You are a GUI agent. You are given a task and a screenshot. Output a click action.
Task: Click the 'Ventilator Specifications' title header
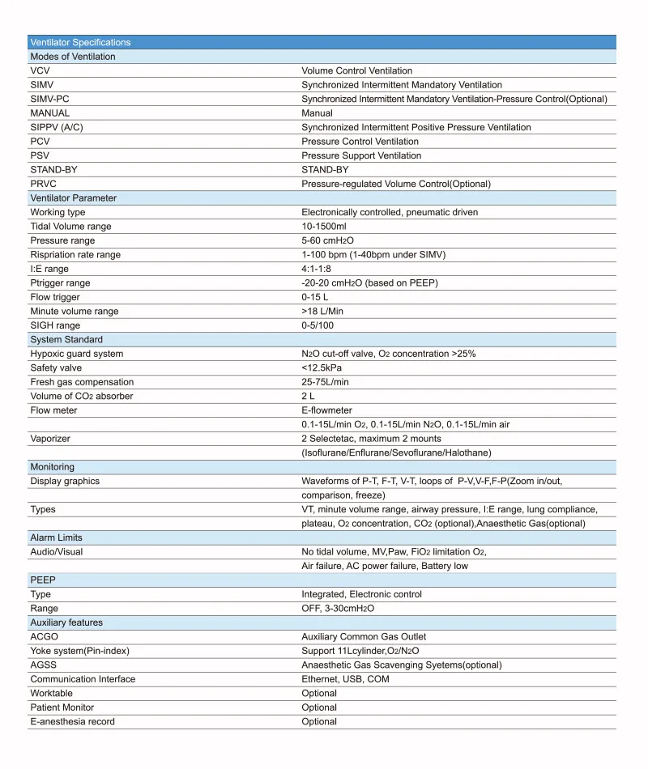tap(80, 42)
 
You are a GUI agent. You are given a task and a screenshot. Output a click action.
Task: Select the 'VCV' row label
tap(40, 70)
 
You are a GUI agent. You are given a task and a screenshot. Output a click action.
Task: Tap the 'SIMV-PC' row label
tap(49, 99)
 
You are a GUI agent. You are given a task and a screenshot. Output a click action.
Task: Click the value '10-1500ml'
tap(323, 227)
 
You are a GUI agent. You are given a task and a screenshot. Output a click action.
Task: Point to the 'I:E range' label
tap(49, 269)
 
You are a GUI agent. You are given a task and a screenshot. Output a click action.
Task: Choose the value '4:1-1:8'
tap(318, 269)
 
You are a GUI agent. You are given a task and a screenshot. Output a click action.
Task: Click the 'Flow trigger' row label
tap(55, 297)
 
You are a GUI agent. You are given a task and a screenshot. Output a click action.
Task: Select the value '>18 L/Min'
tap(322, 311)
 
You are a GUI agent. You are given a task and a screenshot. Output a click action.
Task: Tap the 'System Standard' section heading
tap(66, 339)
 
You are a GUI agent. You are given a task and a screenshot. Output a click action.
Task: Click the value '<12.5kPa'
tap(322, 368)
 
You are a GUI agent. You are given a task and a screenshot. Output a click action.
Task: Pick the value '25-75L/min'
tap(326, 382)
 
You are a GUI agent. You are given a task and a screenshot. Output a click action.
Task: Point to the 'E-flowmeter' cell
tap(326, 410)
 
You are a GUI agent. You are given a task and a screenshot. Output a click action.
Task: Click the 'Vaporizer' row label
tap(50, 438)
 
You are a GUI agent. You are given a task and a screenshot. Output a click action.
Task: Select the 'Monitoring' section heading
tap(52, 467)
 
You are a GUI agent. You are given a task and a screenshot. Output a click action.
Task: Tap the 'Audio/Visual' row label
tap(56, 552)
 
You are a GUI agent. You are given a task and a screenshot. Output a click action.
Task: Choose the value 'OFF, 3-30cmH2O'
tap(338, 609)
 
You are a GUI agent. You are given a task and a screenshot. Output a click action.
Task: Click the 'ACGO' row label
tap(44, 637)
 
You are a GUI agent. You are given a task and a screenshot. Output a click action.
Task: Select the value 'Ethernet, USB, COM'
tap(345, 679)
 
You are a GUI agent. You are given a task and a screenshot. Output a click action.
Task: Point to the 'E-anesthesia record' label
tap(72, 721)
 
